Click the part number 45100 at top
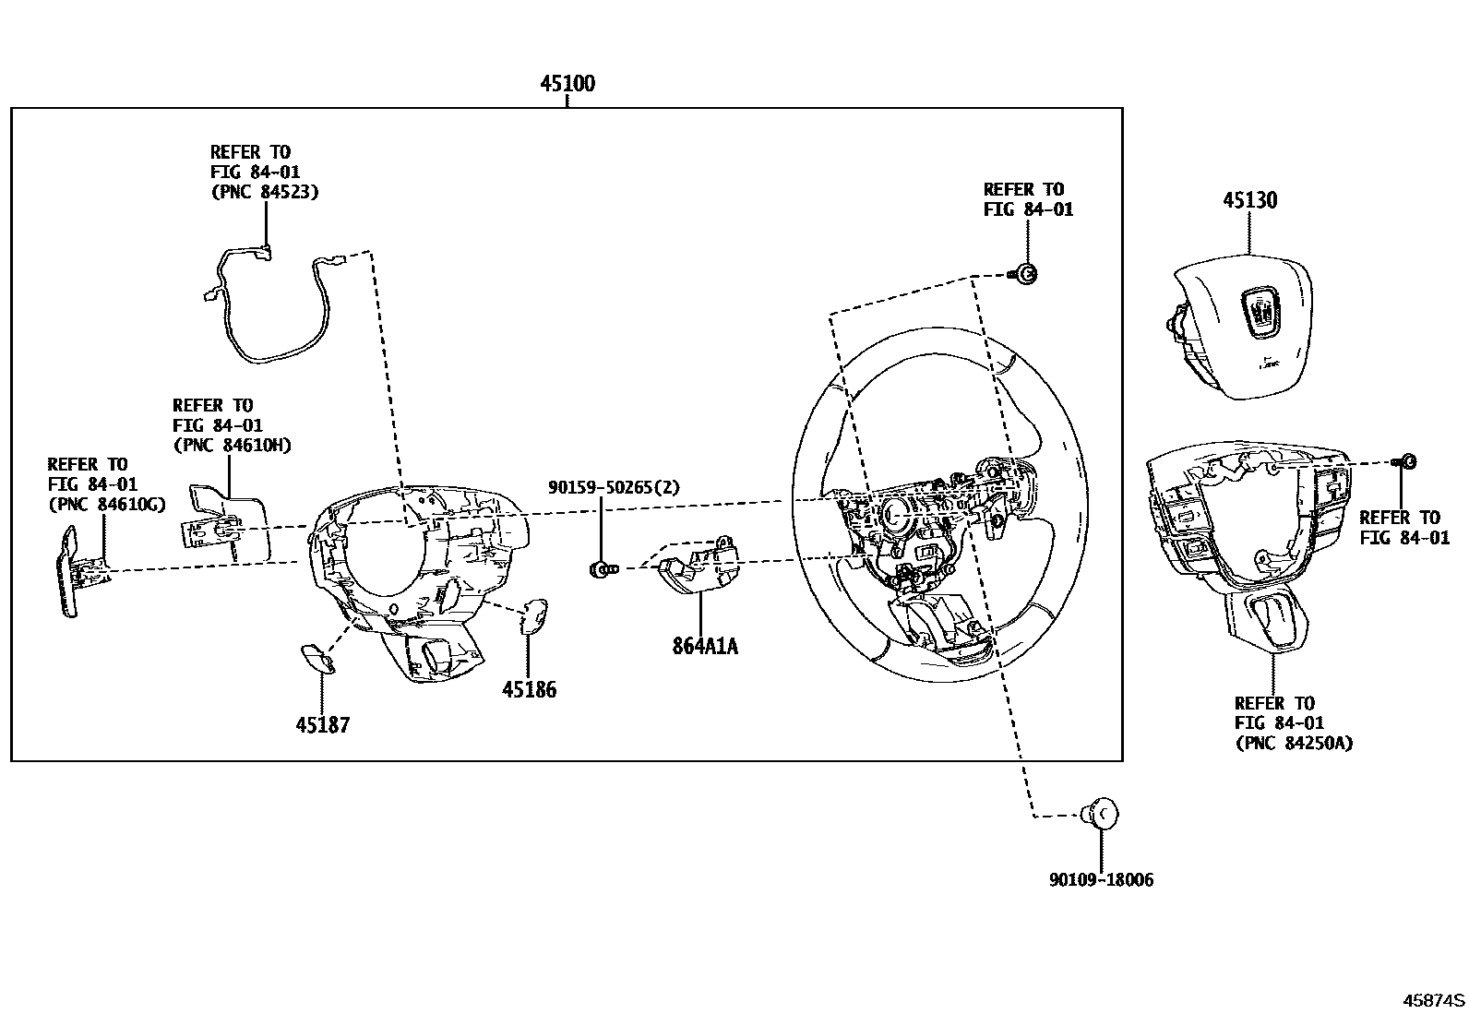click(x=567, y=84)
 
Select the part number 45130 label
click(x=1250, y=200)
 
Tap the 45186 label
click(x=529, y=689)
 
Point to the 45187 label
click(x=323, y=725)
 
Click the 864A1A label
click(x=705, y=646)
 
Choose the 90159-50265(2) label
click(x=614, y=487)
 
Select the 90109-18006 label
click(x=1101, y=880)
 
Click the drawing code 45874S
click(x=1434, y=1000)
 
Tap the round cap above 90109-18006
click(x=1101, y=814)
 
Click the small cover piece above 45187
click(x=317, y=658)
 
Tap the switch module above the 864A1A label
click(x=699, y=566)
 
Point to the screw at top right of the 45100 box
click(x=1025, y=273)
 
